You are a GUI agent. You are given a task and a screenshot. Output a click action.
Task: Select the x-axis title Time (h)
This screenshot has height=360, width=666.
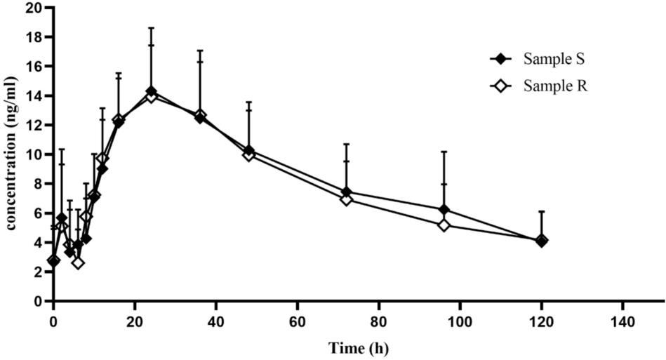[359, 348]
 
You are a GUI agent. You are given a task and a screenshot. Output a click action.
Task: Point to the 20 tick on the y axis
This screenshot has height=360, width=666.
[33, 8]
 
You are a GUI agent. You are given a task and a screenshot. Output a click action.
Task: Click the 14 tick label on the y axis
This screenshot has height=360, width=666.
[33, 95]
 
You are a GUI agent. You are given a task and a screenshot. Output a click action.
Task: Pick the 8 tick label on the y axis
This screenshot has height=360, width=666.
[36, 184]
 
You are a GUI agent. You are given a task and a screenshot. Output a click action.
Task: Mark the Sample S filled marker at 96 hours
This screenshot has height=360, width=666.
[444, 210]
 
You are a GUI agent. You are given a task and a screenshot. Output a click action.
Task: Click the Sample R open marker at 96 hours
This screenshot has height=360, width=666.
[444, 225]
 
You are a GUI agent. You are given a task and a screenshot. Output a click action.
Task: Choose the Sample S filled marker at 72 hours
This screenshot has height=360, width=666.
[346, 192]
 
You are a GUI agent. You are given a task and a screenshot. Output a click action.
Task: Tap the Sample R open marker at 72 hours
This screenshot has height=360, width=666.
[346, 199]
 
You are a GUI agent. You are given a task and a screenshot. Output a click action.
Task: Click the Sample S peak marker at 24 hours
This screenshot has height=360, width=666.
[150, 92]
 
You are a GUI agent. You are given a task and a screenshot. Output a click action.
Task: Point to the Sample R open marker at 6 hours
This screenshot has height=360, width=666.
[78, 262]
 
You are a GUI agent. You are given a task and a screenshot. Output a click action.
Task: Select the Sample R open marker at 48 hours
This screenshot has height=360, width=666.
[248, 154]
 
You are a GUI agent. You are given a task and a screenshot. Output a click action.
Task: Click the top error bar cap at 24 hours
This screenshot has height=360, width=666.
[150, 28]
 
